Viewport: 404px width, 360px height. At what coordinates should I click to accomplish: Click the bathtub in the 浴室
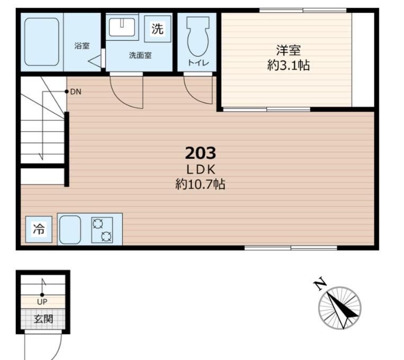point(42,42)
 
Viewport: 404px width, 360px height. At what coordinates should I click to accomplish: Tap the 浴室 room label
point(82,46)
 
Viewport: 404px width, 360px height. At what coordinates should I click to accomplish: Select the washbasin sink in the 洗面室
point(122,27)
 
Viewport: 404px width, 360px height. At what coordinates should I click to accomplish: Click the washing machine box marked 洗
point(157,29)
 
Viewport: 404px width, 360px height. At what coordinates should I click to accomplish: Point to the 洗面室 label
point(140,55)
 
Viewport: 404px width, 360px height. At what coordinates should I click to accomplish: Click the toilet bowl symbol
point(198,37)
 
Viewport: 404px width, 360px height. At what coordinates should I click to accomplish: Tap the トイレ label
point(198,62)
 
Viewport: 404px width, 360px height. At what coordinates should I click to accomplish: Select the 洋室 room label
point(289,50)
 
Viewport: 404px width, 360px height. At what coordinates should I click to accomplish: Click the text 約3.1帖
point(289,65)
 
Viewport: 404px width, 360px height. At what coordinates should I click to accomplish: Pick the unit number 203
point(201,153)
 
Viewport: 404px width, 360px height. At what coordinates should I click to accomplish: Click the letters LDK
point(201,169)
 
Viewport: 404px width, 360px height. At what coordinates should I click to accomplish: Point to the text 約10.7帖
point(200,184)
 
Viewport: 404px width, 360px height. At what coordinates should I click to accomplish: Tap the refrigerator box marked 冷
point(39,229)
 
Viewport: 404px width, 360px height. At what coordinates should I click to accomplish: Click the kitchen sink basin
point(70,230)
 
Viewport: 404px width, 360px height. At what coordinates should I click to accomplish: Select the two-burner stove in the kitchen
point(102,230)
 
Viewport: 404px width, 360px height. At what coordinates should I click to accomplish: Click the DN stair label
point(76,92)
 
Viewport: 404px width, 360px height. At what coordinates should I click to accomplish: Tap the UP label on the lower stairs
point(42,302)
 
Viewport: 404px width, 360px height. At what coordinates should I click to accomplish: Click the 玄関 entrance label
point(43,319)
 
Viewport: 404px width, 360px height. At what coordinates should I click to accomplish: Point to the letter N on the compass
point(320,284)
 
